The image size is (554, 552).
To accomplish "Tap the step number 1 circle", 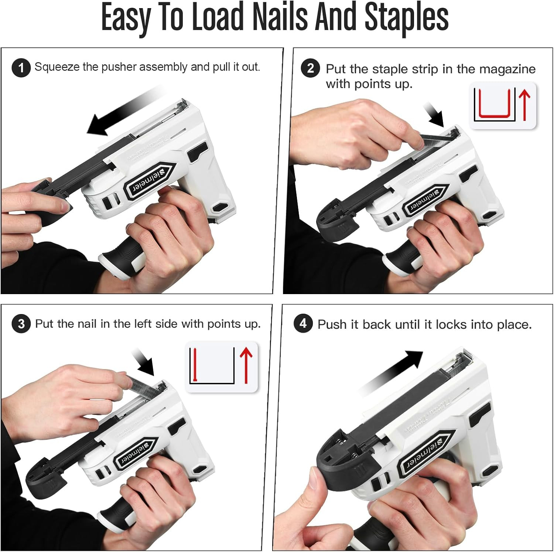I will click(x=21, y=68).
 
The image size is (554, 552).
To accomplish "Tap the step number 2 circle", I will click(x=310, y=68).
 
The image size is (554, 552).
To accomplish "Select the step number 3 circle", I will click(x=21, y=324).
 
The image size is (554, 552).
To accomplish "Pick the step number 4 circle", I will click(x=303, y=324).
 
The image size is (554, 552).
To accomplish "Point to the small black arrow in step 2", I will click(x=434, y=115).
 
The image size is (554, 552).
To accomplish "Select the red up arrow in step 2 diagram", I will click(x=524, y=105).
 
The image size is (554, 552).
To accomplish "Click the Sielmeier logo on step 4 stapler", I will click(x=425, y=454).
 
